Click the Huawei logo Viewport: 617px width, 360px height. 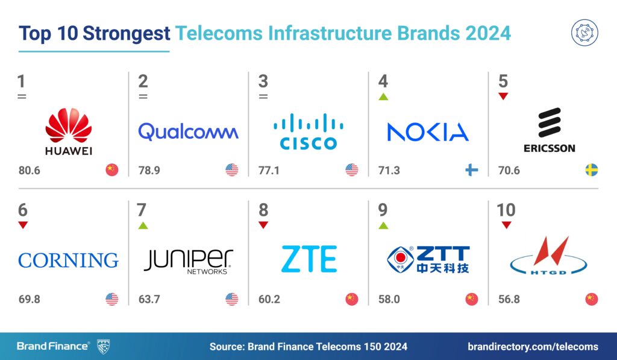click(69, 131)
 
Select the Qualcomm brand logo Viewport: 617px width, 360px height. click(188, 131)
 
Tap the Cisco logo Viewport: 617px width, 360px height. click(308, 131)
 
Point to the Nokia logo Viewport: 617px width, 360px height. click(428, 132)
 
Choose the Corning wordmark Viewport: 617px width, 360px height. click(68, 261)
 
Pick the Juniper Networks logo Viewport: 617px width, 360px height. click(188, 261)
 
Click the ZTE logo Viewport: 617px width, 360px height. click(308, 260)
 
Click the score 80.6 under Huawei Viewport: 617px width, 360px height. click(29, 171)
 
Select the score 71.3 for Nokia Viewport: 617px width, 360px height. click(389, 171)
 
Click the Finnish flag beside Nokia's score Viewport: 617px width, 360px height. click(471, 170)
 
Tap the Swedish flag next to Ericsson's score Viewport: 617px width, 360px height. click(591, 170)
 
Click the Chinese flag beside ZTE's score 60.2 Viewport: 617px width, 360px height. click(351, 299)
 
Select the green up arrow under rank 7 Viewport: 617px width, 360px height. click(143, 226)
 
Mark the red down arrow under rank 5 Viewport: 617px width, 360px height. click(503, 96)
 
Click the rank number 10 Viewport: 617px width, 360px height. click(506, 210)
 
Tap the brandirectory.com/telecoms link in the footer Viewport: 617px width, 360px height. click(533, 346)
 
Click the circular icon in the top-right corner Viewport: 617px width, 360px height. click(584, 33)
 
